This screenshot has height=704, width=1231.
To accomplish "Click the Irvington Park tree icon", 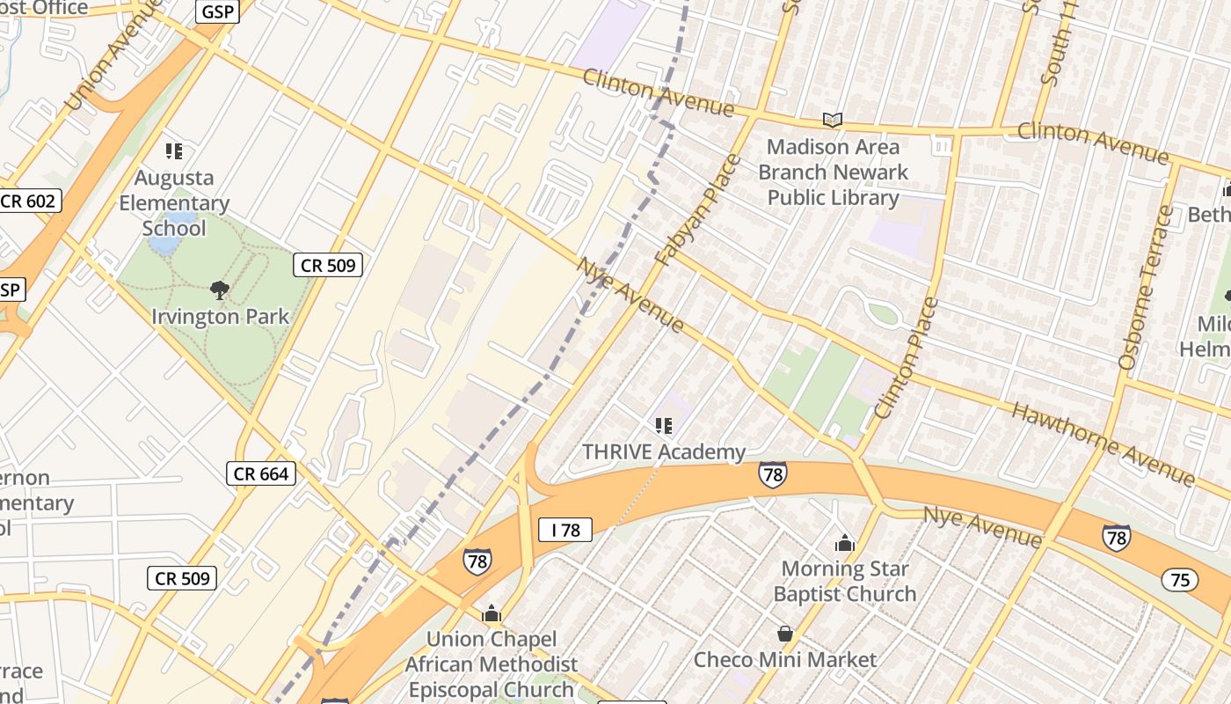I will point(220,289).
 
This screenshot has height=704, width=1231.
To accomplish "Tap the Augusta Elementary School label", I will point(174,203).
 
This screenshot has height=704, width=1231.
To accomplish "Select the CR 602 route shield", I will point(28,201).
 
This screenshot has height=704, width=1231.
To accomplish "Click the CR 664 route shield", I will point(261,473).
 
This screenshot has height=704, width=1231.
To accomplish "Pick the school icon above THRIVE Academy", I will point(664,426).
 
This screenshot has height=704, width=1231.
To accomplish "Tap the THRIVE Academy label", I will point(664,452).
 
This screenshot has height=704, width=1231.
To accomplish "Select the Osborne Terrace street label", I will point(1147,287).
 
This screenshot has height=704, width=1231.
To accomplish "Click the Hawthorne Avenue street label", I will point(1103,444).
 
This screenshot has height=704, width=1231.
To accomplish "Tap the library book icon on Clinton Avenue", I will point(832,120).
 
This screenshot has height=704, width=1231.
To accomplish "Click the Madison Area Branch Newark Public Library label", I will point(833,172).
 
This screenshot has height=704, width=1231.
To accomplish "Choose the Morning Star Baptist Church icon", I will point(845,543).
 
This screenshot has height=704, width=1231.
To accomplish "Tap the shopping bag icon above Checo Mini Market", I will point(785,634).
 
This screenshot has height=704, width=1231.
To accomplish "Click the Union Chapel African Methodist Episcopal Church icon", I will point(492,612).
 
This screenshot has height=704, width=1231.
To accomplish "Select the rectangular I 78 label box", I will point(565,530).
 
